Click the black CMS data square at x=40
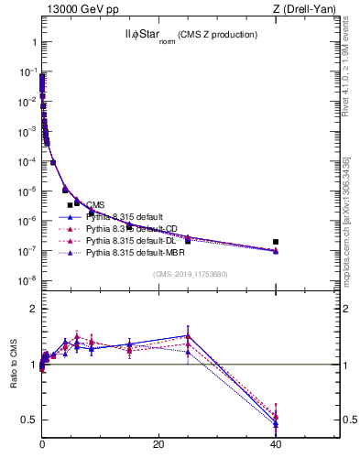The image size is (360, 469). (276, 242)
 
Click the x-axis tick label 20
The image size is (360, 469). (158, 444)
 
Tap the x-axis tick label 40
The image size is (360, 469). (276, 444)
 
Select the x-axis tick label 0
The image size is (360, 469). (42, 444)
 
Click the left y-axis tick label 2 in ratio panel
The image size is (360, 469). (31, 309)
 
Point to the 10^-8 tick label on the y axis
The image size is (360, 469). (27, 280)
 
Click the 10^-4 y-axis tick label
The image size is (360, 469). (27, 161)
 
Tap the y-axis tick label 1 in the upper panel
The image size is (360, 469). (33, 43)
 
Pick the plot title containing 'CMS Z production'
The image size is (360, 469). (191, 35)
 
